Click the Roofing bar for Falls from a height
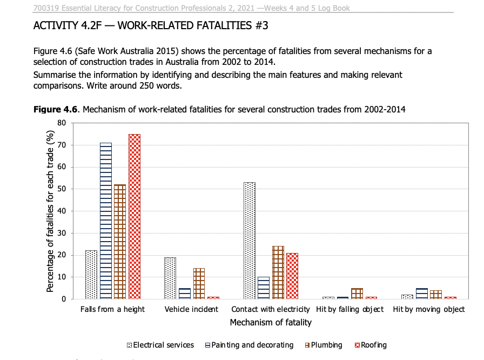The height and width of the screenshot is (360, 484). click(135, 216)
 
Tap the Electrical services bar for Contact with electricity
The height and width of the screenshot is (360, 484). click(250, 241)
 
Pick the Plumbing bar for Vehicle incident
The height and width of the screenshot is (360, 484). click(199, 283)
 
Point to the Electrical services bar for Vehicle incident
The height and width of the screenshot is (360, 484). click(170, 278)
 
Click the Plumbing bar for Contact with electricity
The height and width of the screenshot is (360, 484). click(278, 272)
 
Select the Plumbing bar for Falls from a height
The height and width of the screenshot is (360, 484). click(120, 242)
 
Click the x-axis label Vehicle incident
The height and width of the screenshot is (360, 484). click(191, 309)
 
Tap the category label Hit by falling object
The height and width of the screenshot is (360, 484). click(350, 309)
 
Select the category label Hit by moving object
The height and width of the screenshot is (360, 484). click(429, 309)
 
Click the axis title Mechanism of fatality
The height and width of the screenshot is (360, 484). click(271, 323)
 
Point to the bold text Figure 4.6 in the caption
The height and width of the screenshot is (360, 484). click(56, 110)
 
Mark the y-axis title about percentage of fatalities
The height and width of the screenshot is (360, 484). click(50, 211)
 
